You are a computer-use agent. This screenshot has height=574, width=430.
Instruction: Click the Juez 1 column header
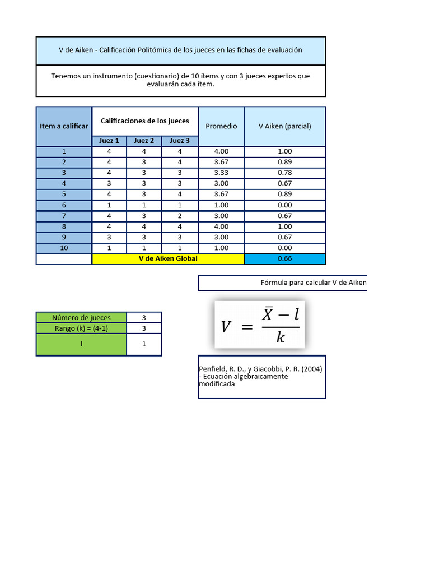[109, 141]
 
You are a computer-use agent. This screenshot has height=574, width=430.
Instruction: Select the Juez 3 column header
[180, 141]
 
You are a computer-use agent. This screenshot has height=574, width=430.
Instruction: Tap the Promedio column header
[221, 126]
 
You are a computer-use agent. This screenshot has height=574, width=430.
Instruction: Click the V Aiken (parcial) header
[284, 126]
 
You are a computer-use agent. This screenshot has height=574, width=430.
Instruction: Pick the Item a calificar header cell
[64, 126]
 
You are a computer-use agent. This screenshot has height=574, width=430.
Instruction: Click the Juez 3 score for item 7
[180, 216]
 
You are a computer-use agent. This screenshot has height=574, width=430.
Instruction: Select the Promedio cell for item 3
[221, 173]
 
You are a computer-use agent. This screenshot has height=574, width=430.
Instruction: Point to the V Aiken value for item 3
[284, 173]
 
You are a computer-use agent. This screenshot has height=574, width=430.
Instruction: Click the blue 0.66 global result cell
[284, 259]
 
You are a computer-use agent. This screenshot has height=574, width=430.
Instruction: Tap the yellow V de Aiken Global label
[168, 259]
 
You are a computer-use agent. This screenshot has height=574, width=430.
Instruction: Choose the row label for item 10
[64, 248]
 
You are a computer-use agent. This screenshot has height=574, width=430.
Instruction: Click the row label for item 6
[64, 205]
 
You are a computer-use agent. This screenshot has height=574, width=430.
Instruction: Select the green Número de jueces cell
[81, 318]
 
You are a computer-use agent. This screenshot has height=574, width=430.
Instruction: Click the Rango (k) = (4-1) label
[81, 328]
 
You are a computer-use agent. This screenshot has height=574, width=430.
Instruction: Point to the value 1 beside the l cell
[144, 344]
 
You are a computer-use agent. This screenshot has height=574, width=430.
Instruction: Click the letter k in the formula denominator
[281, 337]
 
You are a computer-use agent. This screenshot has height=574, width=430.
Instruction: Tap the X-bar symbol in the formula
[267, 315]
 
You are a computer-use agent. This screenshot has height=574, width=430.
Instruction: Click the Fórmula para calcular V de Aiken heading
[313, 283]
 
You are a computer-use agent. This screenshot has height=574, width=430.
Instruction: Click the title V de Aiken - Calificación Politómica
[180, 50]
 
